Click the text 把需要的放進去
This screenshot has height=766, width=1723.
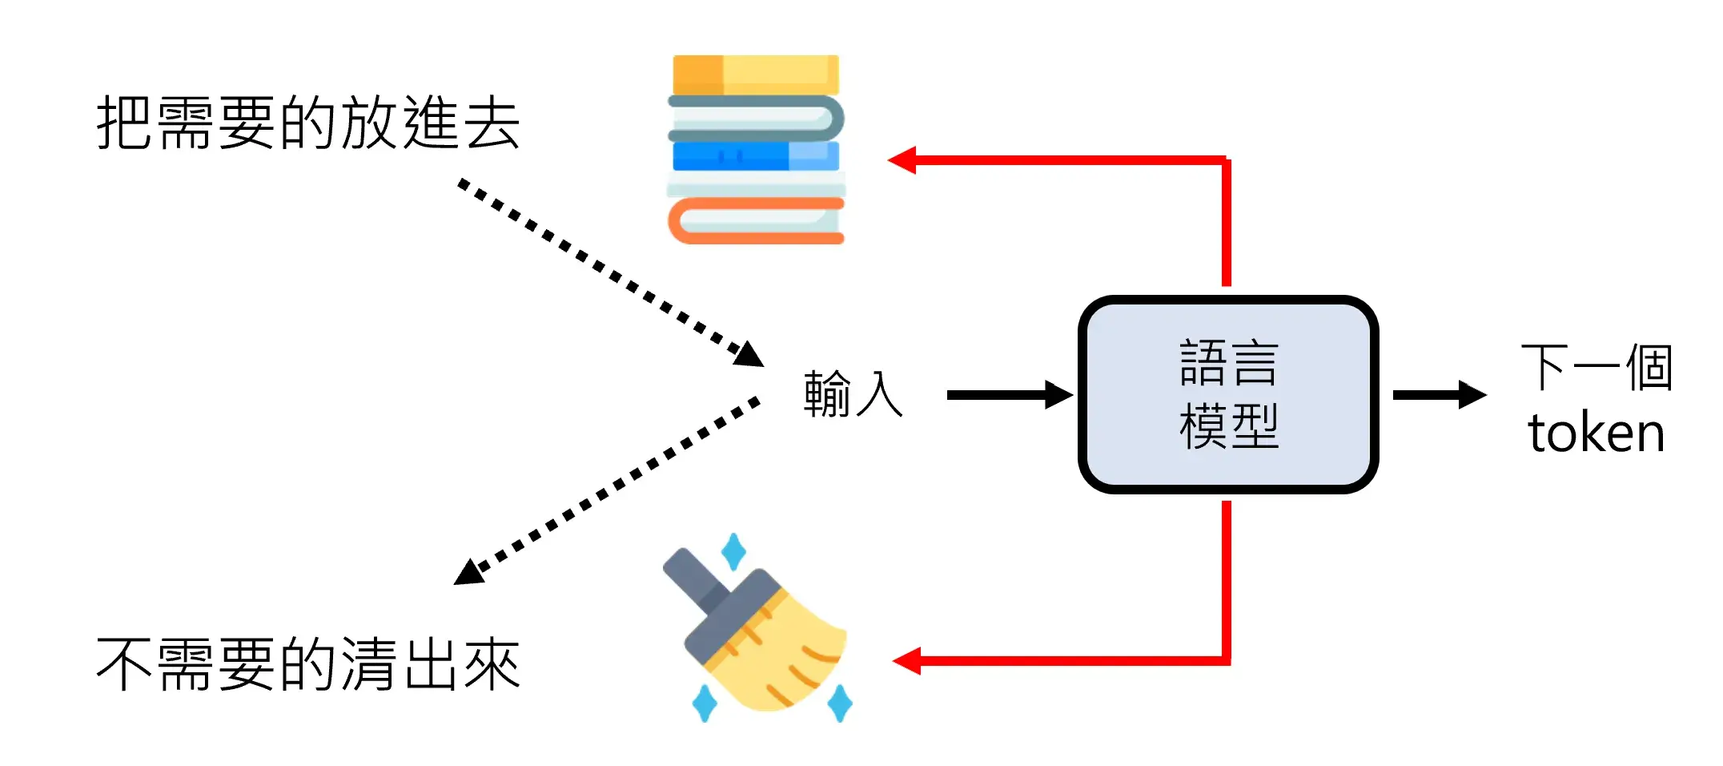308,123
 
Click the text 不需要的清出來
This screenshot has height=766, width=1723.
308,663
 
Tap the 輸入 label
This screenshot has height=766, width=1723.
853,394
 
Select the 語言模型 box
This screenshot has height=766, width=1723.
1228,394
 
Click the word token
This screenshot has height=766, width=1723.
1596,433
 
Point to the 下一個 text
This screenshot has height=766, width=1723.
1596,368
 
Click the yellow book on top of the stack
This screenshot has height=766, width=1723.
756,75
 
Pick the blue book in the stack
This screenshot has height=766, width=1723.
756,155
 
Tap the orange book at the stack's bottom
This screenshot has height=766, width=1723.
756,221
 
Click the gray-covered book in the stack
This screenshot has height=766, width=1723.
756,118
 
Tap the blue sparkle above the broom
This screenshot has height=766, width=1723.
733,552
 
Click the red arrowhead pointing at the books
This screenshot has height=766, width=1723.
903,160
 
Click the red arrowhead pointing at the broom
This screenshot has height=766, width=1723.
907,661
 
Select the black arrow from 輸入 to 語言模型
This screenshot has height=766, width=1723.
1009,395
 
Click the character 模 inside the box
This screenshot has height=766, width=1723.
1203,425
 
